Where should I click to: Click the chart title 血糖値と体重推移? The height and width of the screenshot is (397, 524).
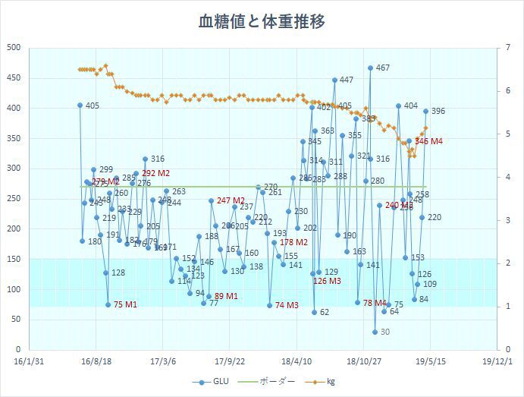click(x=262, y=22)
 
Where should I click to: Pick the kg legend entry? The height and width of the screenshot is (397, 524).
click(x=324, y=382)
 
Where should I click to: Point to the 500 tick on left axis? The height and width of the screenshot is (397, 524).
click(x=14, y=48)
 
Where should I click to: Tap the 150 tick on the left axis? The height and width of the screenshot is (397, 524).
click(x=14, y=259)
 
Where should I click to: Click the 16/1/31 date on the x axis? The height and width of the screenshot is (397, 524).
click(x=28, y=361)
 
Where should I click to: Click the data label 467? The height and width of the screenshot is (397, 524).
click(x=382, y=68)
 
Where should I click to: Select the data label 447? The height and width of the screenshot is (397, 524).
click(x=346, y=80)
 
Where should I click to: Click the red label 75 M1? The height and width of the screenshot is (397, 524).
click(x=125, y=304)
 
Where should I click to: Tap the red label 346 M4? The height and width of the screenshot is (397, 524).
click(x=429, y=141)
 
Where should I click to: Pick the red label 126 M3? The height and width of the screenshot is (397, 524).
click(x=327, y=281)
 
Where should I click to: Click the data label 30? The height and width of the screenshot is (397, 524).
click(x=384, y=332)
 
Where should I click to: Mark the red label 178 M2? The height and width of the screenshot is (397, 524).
click(x=293, y=242)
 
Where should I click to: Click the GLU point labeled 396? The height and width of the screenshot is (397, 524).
click(x=425, y=111)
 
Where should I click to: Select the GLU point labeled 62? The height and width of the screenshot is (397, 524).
click(x=314, y=312)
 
